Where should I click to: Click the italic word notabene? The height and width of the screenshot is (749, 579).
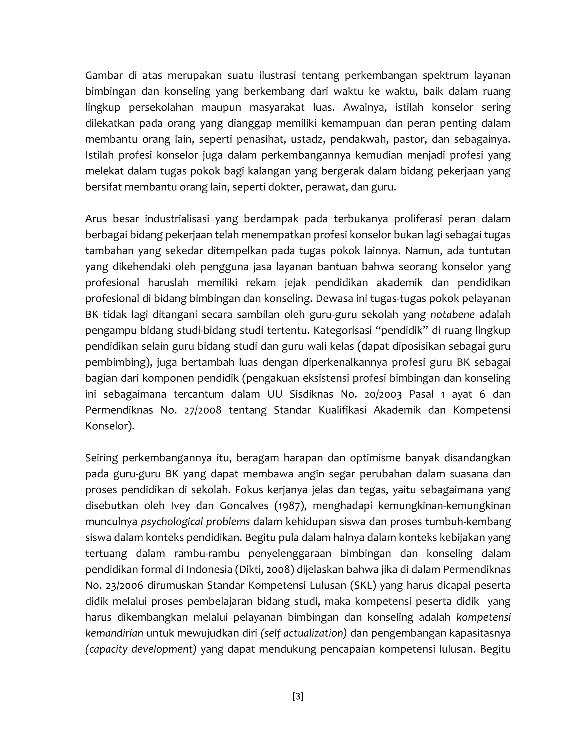(x=452, y=315)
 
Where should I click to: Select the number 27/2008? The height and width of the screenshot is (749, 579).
(x=203, y=410)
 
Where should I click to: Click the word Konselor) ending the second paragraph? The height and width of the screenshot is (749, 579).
(x=110, y=426)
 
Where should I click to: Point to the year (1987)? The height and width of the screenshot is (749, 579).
(x=289, y=506)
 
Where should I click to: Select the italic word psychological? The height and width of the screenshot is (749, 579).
(x=172, y=522)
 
